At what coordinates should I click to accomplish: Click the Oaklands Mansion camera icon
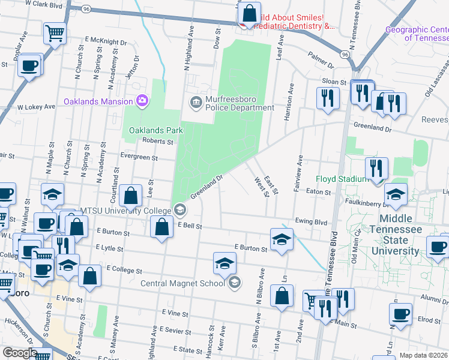pyautogui.click(x=142, y=100)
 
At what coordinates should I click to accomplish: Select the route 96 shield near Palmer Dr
pyautogui.click(x=344, y=55)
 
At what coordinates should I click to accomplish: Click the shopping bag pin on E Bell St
pyautogui.click(x=161, y=227)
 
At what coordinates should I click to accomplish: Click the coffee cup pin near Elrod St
pyautogui.click(x=400, y=313)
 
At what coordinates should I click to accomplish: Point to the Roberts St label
pyautogui.click(x=157, y=142)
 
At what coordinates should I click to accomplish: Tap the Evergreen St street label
pyautogui.click(x=139, y=158)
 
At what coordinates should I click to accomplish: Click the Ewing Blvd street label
pyautogui.click(x=310, y=221)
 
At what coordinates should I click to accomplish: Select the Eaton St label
pyautogui.click(x=318, y=192)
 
